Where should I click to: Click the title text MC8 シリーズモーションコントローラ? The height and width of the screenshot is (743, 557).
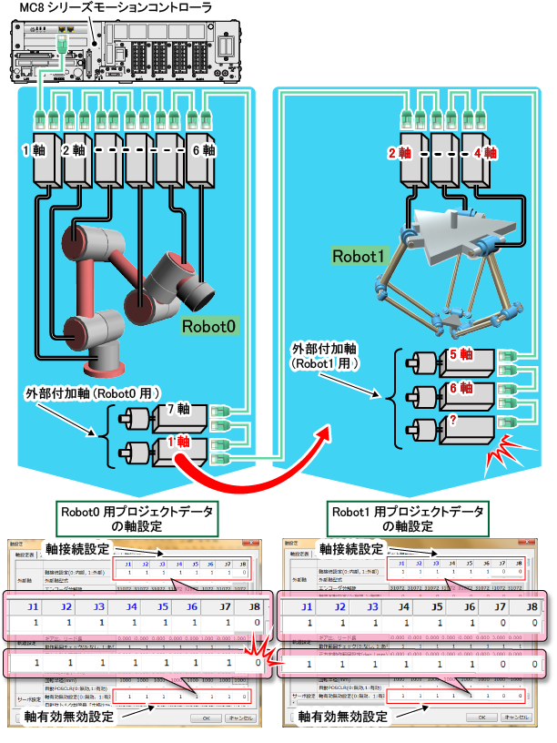pos(116,8)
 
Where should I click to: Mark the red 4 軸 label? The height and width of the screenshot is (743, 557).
pos(482,154)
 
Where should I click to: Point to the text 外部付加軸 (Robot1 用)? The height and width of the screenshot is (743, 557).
pos(327,356)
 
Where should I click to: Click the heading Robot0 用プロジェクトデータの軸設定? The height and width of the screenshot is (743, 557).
pos(137,518)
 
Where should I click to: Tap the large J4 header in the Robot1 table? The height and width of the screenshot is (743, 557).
pos(402,606)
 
